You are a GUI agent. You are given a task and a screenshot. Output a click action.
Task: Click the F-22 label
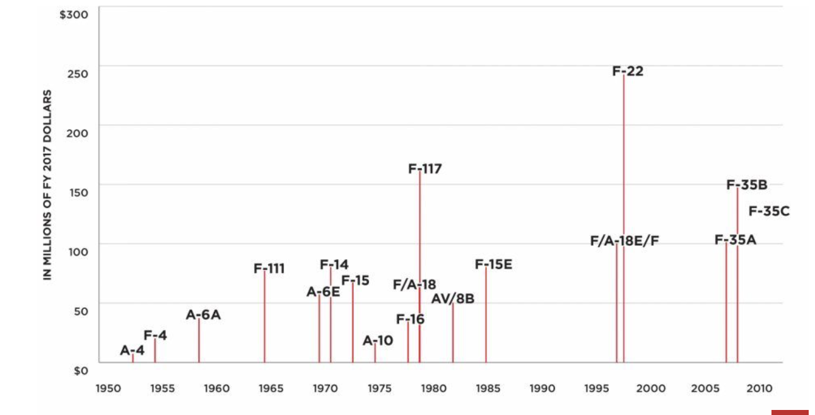coord(628,71)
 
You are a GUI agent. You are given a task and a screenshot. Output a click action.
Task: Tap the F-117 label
coord(425,169)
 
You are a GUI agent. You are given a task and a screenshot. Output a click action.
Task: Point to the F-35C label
coord(769,211)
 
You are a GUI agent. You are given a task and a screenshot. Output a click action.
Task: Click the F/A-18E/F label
coord(624,240)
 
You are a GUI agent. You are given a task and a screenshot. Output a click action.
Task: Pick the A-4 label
coord(132,351)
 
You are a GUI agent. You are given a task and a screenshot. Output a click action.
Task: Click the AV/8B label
coord(453,299)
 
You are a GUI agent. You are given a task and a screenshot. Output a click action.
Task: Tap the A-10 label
coord(378,341)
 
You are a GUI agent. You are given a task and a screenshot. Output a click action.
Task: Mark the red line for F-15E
coord(486,315)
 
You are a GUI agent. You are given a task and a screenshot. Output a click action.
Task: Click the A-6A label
coord(204,315)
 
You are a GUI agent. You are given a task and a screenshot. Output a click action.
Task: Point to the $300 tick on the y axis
coord(73,15)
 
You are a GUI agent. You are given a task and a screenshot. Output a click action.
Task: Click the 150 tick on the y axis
coord(78,192)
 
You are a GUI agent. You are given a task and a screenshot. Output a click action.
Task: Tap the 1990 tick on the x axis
coord(542,389)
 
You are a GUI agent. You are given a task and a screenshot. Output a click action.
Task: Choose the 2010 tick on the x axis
coord(759,389)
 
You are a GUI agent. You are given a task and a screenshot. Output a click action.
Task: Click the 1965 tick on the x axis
coord(271,389)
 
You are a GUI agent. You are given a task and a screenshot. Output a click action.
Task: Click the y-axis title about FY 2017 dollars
coord(48,185)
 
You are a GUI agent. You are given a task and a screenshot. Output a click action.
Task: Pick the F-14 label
coord(334,265)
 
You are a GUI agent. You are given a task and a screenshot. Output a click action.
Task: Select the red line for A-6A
coord(199,341)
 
